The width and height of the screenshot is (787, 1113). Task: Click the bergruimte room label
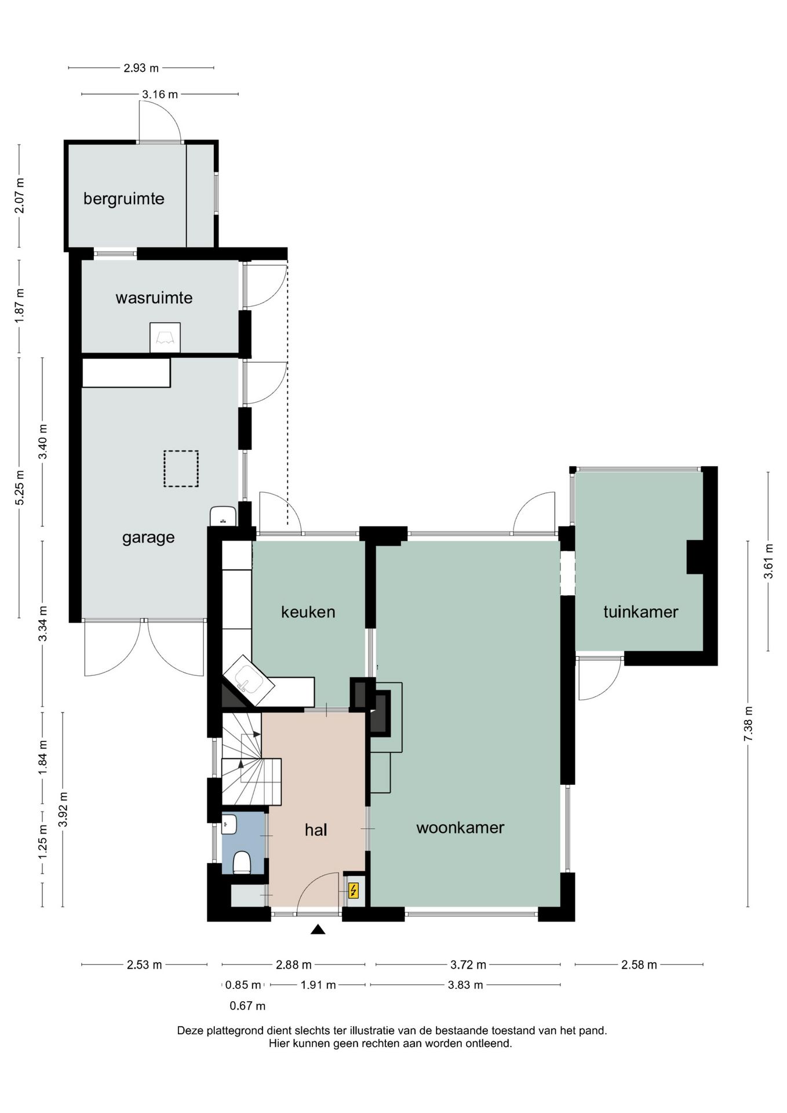click(x=123, y=199)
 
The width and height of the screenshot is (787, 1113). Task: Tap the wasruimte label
click(x=154, y=298)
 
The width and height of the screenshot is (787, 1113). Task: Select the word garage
click(x=148, y=538)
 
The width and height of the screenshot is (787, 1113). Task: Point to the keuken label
click(x=308, y=612)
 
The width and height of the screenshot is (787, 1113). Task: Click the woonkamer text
click(x=460, y=828)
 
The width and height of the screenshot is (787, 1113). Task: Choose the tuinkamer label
click(x=640, y=612)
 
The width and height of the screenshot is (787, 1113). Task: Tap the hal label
click(x=316, y=830)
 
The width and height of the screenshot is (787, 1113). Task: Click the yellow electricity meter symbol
click(x=353, y=890)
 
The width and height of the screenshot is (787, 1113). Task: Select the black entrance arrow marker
click(x=318, y=930)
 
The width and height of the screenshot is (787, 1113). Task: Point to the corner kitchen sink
click(x=249, y=681)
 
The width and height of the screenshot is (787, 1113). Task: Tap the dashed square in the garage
click(x=181, y=469)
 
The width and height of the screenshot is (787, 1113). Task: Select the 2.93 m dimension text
click(x=141, y=68)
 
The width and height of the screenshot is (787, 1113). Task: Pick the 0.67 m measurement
click(x=247, y=1006)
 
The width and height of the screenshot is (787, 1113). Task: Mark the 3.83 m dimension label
click(x=465, y=985)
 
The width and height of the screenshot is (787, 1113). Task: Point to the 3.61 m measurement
click(x=768, y=561)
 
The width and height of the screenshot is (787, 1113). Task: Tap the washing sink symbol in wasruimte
click(x=165, y=337)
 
